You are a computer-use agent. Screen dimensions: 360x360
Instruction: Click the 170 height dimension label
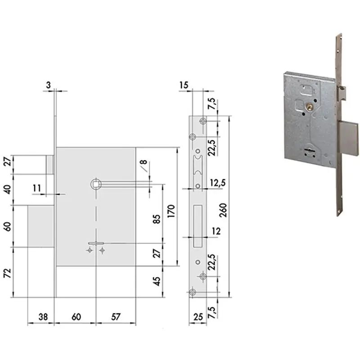pos(171,211)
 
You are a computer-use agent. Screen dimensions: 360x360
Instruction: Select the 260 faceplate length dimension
pos(223,210)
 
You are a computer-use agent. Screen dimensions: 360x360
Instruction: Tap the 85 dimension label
pos(157,219)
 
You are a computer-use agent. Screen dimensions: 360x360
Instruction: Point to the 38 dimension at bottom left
pos(43,317)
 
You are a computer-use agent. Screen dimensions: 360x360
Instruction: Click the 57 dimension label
pos(116,317)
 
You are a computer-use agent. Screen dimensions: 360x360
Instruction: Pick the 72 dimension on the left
pos(8,273)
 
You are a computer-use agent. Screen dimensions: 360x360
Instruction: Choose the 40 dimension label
pos(8,189)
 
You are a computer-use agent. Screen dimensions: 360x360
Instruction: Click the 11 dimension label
pos(37,188)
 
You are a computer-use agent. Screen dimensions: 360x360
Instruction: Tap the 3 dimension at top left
pos(48,85)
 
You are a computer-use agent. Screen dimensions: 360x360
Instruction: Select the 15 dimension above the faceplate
pos(184,85)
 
